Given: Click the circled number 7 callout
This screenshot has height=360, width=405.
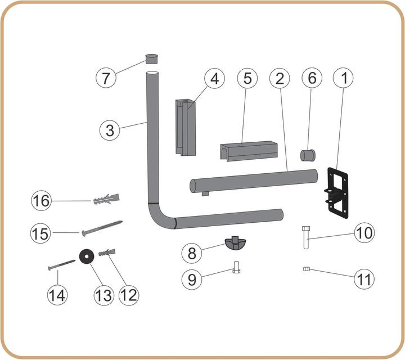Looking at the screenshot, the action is coord(106,78).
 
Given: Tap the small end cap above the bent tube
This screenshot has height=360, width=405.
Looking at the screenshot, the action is coord(152,59).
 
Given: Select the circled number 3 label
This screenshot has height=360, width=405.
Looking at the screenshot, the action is coord(110,130).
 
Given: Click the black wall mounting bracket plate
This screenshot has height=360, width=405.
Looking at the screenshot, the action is coord(336,192).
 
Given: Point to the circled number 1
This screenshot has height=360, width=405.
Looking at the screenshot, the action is coord(344,78).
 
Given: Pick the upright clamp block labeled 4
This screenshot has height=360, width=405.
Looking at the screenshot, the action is coord(185,127).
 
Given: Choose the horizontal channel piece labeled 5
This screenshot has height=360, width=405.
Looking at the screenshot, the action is coord(249,151).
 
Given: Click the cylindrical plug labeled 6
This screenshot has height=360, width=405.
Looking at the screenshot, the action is coord(308,155).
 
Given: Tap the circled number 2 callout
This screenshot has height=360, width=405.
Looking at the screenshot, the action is coord(280,78).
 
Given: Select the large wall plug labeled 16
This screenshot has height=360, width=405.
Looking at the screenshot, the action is coord(106,199).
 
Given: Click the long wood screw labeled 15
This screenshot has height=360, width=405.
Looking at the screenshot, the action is coord(102,228).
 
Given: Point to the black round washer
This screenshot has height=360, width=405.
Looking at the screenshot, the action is coord(85,256).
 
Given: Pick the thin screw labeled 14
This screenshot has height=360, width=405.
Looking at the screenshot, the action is coord(61,265).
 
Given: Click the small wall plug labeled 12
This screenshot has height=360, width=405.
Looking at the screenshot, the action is coord(107,253).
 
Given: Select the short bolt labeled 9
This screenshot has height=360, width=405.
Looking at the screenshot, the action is coord(236,267).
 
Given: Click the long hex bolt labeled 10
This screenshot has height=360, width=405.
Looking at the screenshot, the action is coord(306,237).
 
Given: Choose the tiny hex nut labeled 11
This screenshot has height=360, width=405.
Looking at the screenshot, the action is coord(307,269).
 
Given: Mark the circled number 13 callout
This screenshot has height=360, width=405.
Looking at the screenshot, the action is coord(103,295).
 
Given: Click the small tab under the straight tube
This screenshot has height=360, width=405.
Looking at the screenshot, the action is coord(205,193).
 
